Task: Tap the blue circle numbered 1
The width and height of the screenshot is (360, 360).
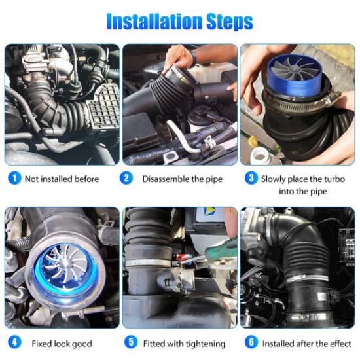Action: click(14, 178)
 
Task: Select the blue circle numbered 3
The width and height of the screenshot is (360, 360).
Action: click(250, 178)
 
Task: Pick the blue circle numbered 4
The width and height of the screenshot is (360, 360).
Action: click(14, 343)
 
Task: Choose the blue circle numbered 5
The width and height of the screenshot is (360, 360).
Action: click(132, 343)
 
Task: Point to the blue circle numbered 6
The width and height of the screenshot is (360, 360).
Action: click(251, 343)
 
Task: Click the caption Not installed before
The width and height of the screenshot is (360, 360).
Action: click(62, 179)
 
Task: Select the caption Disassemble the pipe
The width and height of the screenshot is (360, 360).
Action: click(182, 179)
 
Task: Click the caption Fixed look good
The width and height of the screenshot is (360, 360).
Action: click(62, 344)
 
